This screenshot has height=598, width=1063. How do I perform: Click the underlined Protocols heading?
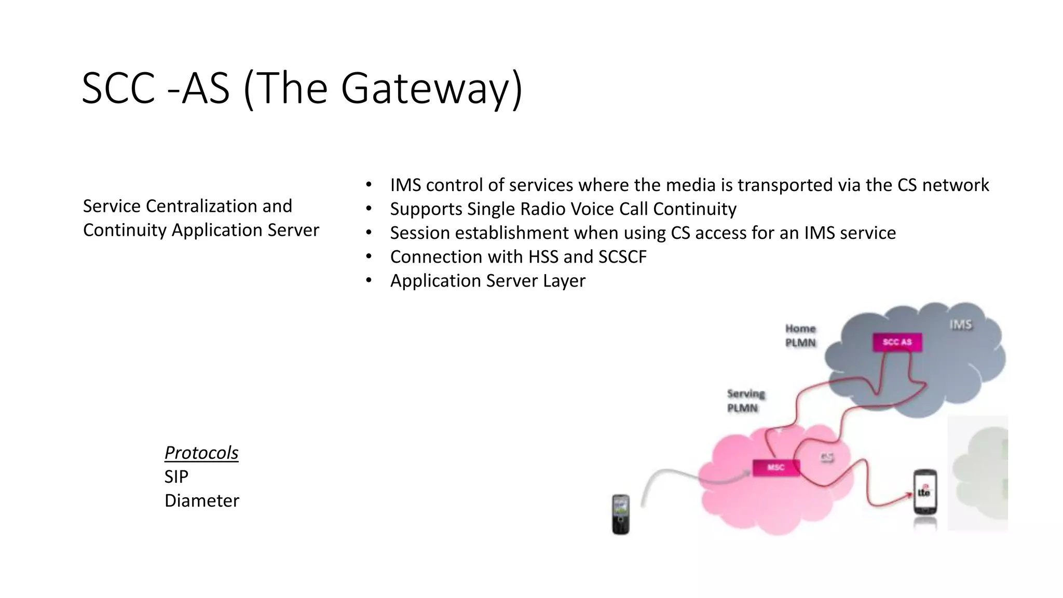click(201, 453)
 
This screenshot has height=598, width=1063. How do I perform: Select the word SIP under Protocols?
click(176, 477)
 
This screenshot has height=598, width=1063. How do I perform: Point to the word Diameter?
click(201, 500)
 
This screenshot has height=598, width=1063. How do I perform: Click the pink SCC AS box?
click(897, 342)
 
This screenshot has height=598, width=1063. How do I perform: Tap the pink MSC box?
click(775, 468)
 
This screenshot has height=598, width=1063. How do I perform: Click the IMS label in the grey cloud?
click(960, 325)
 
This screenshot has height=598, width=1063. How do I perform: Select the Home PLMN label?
click(800, 336)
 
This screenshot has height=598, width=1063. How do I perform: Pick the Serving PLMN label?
click(745, 401)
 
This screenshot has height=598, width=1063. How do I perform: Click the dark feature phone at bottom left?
click(620, 514)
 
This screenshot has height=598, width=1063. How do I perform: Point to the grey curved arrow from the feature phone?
click(675, 475)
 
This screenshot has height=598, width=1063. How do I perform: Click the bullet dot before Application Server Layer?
click(369, 280)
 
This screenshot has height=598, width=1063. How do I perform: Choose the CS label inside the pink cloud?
click(827, 457)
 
